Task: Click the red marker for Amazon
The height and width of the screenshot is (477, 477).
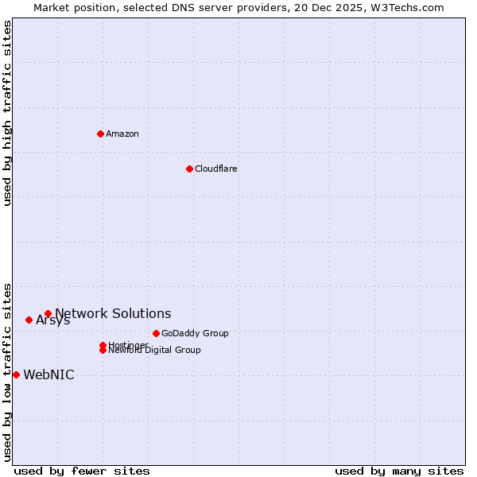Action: tap(100, 134)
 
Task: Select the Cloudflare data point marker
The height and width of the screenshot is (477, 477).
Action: tap(189, 169)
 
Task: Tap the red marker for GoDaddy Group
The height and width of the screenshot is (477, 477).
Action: tap(156, 333)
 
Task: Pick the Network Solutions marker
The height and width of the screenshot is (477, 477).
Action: tap(48, 314)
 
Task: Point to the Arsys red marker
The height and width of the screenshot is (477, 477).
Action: tap(29, 320)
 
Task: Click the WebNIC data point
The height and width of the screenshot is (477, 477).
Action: tap(16, 374)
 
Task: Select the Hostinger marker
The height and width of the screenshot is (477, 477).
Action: tap(103, 345)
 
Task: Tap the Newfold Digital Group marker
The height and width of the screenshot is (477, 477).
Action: tap(103, 350)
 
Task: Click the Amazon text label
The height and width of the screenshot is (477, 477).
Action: tap(122, 134)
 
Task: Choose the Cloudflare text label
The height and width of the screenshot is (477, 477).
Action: tap(216, 169)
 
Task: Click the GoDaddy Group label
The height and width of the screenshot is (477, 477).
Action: tap(195, 333)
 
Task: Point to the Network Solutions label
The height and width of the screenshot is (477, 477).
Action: tap(113, 314)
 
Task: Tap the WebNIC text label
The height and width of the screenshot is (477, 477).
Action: tap(48, 375)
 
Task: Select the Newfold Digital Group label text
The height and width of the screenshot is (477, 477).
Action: tap(155, 351)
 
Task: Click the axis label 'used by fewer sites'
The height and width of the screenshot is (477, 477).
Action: tap(82, 471)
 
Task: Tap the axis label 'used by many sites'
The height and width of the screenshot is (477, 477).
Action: tap(399, 471)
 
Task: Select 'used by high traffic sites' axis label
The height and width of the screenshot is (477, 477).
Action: tap(7, 113)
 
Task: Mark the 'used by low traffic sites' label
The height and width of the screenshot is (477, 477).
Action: tap(7, 371)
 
